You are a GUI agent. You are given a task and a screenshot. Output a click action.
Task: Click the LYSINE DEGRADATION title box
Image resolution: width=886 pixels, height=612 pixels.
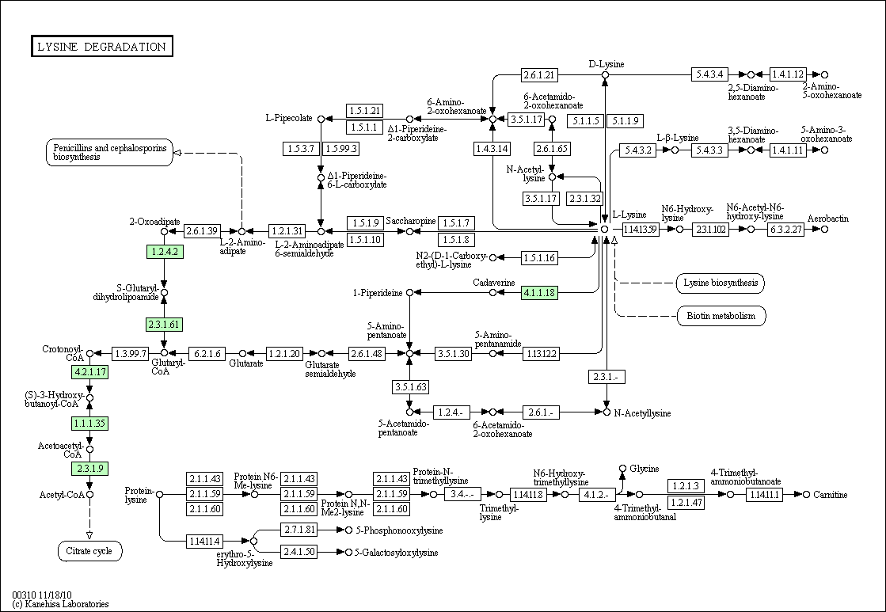pos(101,47)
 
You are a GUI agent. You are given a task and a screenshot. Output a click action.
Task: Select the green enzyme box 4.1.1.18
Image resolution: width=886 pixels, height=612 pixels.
pos(539,293)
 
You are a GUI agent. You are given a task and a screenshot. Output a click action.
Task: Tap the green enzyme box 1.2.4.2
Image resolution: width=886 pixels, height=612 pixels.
pos(165,252)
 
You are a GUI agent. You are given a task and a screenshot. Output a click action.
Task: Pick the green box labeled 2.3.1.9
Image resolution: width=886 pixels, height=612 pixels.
pos(89,468)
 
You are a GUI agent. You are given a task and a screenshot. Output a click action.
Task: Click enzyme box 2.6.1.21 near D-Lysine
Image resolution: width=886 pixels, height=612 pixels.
pos(539,75)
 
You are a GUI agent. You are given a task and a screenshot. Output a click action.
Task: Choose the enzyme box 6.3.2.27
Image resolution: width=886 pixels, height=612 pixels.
pos(786,230)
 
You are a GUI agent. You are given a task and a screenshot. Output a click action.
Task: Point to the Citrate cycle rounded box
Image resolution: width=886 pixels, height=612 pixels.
pos(89,550)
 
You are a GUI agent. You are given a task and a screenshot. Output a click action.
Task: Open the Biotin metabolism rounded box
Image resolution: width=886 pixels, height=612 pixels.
pos(721,317)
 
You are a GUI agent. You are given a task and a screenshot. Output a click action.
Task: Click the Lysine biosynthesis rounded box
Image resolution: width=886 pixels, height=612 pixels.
pos(721,283)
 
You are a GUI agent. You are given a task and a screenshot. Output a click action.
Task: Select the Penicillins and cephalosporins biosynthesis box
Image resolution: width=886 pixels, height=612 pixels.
pos(109,152)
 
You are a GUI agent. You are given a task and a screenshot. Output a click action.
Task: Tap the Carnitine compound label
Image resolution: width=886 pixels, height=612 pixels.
pos(830,495)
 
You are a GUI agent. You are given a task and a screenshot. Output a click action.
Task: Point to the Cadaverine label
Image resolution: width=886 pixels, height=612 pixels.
pos(494,282)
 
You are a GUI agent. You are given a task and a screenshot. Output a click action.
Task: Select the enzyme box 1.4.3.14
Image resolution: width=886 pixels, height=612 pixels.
pos(492,149)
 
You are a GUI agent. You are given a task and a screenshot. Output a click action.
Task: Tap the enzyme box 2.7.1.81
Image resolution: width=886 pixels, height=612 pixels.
pos(299,530)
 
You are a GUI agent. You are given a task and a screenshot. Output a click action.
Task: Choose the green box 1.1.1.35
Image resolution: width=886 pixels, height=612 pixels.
pos(89,423)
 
